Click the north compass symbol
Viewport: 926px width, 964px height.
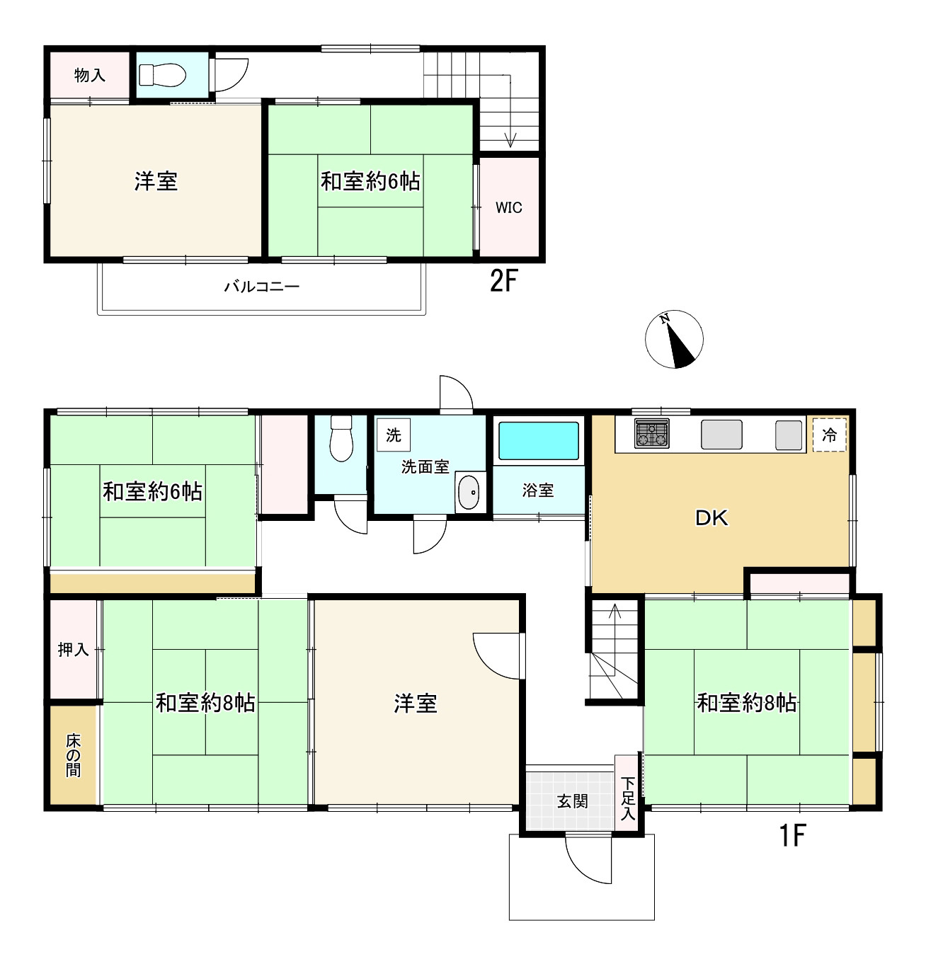coord(674,339)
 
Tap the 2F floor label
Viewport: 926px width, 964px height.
coord(503,280)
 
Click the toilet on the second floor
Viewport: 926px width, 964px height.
coord(162,75)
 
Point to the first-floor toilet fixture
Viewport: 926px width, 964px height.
coord(341,438)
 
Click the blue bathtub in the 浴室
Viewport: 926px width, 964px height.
coord(539,440)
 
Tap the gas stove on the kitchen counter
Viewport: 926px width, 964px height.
coord(652,433)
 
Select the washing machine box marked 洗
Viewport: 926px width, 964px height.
coord(394,435)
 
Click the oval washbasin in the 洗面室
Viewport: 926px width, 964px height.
coord(468,493)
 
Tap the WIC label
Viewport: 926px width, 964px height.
coord(509,207)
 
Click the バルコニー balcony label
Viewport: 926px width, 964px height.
coord(262,287)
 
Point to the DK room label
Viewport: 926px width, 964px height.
coord(711,518)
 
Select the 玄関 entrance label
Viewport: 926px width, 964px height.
coord(572,801)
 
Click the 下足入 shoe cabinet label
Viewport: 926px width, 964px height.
coord(628,798)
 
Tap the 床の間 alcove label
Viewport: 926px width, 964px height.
coord(74,755)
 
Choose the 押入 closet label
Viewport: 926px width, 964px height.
coord(74,650)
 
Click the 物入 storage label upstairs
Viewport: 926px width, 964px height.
coord(90,75)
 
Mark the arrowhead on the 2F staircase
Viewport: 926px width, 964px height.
coord(510,141)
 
